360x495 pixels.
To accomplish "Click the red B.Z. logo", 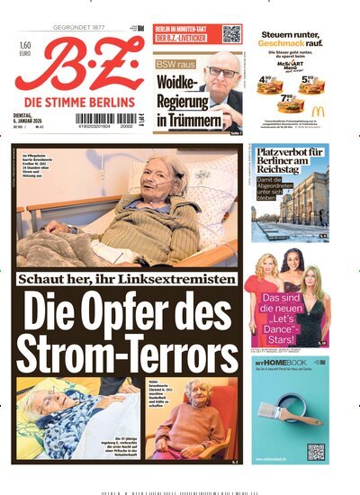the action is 78,65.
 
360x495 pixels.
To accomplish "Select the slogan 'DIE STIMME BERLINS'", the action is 79,102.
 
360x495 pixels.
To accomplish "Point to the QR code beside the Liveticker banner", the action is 231,34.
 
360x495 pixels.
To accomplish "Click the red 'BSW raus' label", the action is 176,65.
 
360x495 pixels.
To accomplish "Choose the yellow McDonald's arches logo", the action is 318,112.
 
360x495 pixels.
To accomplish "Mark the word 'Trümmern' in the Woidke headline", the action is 188,120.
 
